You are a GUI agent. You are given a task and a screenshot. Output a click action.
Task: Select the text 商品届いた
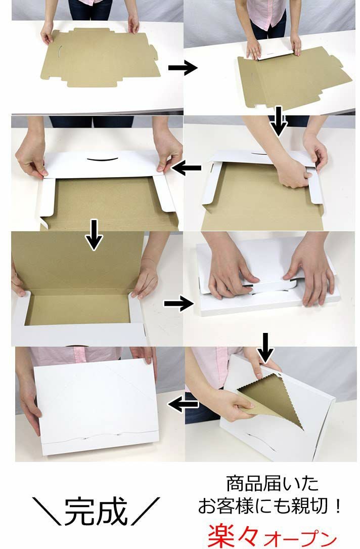(273, 484)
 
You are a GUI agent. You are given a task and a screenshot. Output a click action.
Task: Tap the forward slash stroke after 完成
(146, 511)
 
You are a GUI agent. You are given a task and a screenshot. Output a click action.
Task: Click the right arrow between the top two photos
(183, 67)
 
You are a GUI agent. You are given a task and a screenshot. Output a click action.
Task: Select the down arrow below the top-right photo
(279, 121)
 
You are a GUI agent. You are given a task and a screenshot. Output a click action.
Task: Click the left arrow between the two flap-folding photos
(187, 167)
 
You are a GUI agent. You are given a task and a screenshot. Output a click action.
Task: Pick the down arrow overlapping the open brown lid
(94, 235)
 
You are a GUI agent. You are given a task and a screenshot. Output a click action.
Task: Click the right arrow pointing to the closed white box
(178, 303)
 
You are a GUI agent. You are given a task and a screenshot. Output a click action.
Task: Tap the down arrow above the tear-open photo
(265, 348)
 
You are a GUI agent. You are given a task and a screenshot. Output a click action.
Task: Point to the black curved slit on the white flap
(103, 160)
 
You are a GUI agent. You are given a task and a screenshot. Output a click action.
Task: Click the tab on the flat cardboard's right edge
(153, 51)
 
